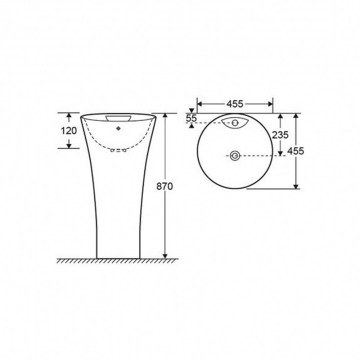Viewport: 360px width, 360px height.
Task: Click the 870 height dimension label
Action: (x=165, y=187)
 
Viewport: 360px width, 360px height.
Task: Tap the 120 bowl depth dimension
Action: (x=69, y=131)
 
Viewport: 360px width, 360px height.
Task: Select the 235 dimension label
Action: (x=280, y=135)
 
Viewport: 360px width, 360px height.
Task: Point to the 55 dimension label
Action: (x=192, y=118)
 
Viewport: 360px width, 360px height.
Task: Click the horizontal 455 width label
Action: (x=235, y=104)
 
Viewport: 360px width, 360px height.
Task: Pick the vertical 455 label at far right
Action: (x=296, y=151)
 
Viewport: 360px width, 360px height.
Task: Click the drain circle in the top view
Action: (x=235, y=155)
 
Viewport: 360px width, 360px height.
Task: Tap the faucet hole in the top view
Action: (x=235, y=122)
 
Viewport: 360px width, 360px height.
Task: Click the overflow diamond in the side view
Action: (x=118, y=128)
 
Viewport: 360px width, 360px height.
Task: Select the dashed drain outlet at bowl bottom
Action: (x=118, y=150)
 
